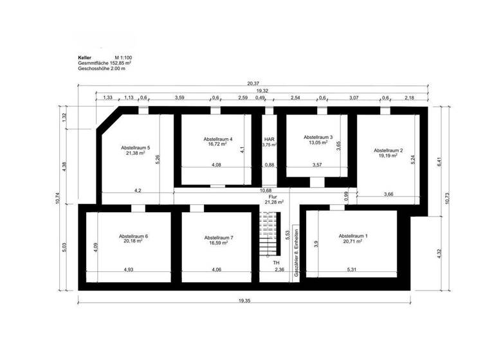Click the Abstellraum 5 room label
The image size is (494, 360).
pos(135,148)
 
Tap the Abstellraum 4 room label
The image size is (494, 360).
pos(217,139)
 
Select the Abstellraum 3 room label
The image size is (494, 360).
pos(318,137)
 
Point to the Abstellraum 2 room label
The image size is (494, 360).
pos(388,150)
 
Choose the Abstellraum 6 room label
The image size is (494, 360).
pos(133,237)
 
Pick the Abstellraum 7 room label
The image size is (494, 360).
pos(219,237)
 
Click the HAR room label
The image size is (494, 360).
pos(270,139)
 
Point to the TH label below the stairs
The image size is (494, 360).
pos(276,264)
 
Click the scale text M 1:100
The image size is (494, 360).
pos(123,58)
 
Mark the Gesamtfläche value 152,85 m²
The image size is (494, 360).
pos(118,63)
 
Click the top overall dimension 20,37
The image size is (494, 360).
pos(252,84)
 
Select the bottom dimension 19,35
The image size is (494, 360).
pos(244,301)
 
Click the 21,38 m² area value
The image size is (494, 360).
pos(135,154)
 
